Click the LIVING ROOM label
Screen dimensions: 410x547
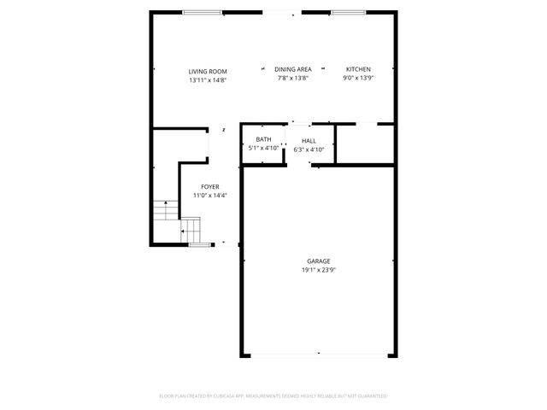coord(208,71)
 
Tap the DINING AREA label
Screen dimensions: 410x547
coord(292,69)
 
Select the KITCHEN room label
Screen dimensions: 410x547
coord(358,69)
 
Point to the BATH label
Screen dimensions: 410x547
coord(263,139)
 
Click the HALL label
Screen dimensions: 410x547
coord(309,141)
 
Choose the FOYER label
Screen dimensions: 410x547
coord(209,186)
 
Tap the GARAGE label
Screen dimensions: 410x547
coord(319,261)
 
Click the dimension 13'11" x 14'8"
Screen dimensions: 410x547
coord(208,79)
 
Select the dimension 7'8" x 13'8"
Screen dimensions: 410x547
coord(292,79)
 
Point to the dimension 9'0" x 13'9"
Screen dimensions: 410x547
coord(358,79)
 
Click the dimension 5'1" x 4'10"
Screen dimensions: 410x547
coord(263,149)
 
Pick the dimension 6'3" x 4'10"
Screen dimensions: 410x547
coord(309,149)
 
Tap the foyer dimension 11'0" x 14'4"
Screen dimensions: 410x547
coord(209,196)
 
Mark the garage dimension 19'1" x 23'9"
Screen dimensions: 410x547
coord(319,271)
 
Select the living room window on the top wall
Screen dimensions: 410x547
coord(202,13)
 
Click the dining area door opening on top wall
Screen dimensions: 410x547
coord(281,13)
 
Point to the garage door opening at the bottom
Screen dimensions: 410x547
coord(318,354)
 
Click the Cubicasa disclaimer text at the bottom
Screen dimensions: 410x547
coord(273,396)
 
